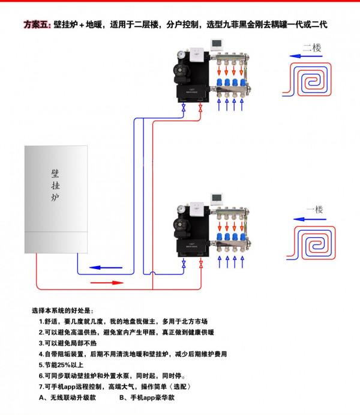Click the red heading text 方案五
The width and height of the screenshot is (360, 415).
tap(36, 25)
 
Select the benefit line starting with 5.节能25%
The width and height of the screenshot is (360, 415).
tap(61, 365)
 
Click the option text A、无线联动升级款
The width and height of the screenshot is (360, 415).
tap(67, 397)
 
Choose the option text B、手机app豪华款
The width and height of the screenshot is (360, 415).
tap(147, 397)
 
